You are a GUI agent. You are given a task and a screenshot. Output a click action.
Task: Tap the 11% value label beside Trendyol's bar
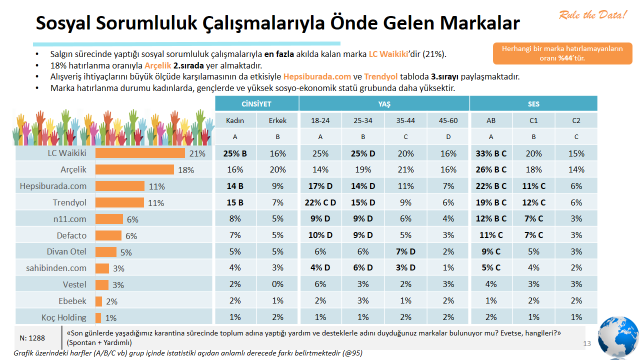coord(155,202)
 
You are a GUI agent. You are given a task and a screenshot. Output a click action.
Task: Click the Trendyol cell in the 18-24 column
coord(320,202)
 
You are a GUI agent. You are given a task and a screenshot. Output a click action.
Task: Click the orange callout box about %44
coord(548,53)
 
